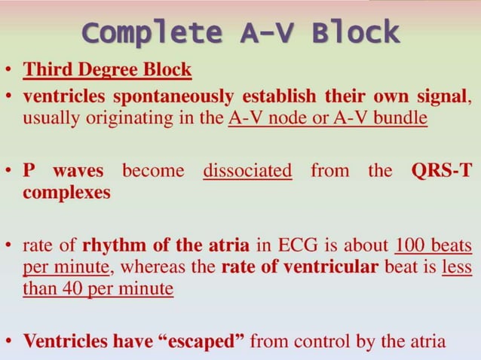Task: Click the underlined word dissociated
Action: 247,170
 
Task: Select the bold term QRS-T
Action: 442,170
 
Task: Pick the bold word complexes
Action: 66,192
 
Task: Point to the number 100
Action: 412,246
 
